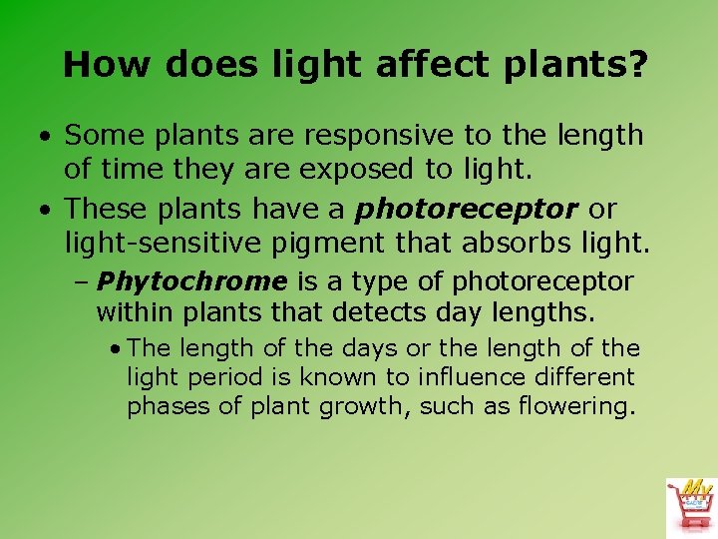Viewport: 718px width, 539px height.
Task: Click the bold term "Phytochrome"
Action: click(x=192, y=282)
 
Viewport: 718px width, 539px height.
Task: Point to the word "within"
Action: click(x=130, y=313)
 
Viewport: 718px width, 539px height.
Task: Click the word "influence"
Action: click(x=450, y=378)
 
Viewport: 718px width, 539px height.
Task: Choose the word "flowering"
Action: click(x=578, y=407)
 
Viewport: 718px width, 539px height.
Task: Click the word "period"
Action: click(x=214, y=378)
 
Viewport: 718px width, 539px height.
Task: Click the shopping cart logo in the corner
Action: click(x=691, y=504)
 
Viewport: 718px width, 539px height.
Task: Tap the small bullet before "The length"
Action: click(x=118, y=348)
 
